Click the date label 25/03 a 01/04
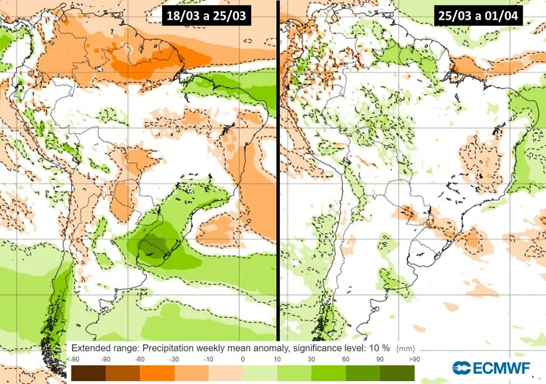coord(478,15)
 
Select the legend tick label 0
coord(243,360)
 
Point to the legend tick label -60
coord(140,360)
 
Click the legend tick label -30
coord(174,360)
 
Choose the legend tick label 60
coord(346,360)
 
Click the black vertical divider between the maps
coord(278,171)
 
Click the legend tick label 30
coord(311,360)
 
